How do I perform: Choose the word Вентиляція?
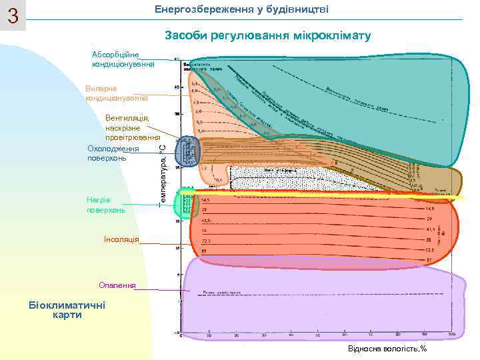click(127, 118)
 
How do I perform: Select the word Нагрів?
click(99, 200)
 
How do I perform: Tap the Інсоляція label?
click(121, 239)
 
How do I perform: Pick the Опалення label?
click(117, 285)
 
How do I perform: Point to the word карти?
click(67, 315)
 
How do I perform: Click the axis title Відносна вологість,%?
click(387, 349)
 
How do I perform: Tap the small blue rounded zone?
click(187, 153)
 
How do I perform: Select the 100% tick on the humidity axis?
click(451, 333)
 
